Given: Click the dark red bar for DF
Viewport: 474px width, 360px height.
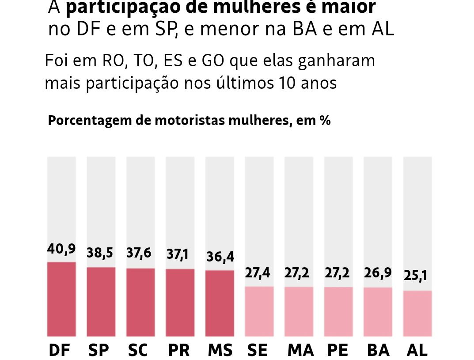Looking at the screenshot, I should click(61, 299).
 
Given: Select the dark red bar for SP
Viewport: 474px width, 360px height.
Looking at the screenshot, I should click(101, 302).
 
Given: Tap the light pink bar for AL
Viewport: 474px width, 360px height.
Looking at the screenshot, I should click(417, 313).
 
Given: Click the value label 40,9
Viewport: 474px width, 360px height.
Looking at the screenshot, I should click(61, 249).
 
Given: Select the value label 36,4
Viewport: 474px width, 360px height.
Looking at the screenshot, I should click(220, 257).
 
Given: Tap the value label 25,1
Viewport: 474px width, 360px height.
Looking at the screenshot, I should click(416, 276).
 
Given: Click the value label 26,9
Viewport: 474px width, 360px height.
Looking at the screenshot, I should click(378, 273).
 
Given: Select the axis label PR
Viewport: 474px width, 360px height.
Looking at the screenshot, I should click(179, 350).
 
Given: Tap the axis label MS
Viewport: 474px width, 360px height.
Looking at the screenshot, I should click(220, 350).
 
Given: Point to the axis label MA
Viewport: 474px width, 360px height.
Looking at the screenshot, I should click(300, 350).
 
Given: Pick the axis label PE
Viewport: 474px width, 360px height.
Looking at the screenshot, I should click(338, 350).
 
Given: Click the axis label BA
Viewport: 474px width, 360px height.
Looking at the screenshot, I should click(378, 350).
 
